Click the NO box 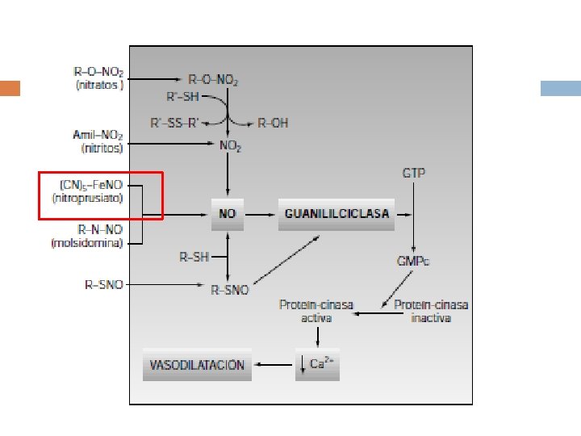click(x=228, y=215)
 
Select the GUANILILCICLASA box click(x=336, y=215)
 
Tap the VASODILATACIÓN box click(x=197, y=365)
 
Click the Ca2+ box click(x=318, y=365)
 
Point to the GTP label click(x=413, y=173)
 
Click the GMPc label click(x=413, y=262)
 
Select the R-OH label click(x=273, y=123)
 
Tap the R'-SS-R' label click(x=174, y=123)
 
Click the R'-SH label click(x=182, y=97)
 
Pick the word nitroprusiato click(x=87, y=199)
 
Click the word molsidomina click(x=87, y=243)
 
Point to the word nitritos click(x=102, y=149)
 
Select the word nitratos click(x=100, y=85)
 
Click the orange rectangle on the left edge click(x=10, y=88)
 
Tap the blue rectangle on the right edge click(x=561, y=88)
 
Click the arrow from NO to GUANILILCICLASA click(x=260, y=215)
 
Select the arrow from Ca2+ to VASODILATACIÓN click(x=274, y=365)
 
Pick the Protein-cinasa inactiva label click(x=431, y=312)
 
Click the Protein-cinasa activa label click(x=316, y=312)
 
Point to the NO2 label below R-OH click(x=230, y=145)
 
